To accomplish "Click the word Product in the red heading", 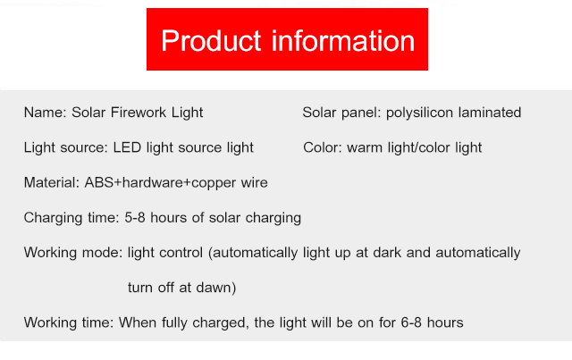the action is coord(211,40).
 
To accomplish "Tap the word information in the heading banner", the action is coord(343,40).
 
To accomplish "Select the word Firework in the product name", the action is coord(139,113).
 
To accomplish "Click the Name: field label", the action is coord(46,113).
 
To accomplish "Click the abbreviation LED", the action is coord(127,147).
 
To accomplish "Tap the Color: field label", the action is coord(323,147).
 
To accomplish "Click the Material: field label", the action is coord(52,182).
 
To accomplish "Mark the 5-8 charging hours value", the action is coord(135,218).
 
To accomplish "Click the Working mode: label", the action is coord(73,253).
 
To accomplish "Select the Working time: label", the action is coord(69,322).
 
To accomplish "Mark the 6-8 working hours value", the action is coord(411,322).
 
